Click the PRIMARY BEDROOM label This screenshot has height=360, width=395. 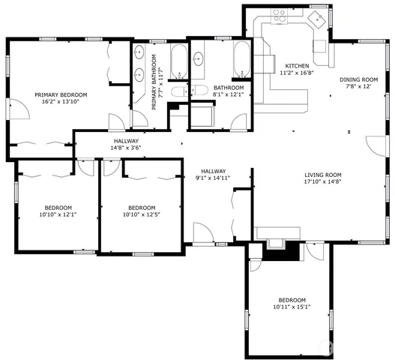pos(61,94)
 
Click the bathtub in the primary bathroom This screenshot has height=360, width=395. pos(179,61)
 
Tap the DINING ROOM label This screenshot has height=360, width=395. pos(359,79)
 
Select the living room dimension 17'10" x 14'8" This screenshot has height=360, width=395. pos(323,181)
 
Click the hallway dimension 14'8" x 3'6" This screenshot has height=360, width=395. pos(126,148)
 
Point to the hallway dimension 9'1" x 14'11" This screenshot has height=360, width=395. pos(212,178)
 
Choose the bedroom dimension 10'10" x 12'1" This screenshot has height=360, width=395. pos(58,215)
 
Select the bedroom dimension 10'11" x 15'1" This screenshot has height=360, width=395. pos(291,306)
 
